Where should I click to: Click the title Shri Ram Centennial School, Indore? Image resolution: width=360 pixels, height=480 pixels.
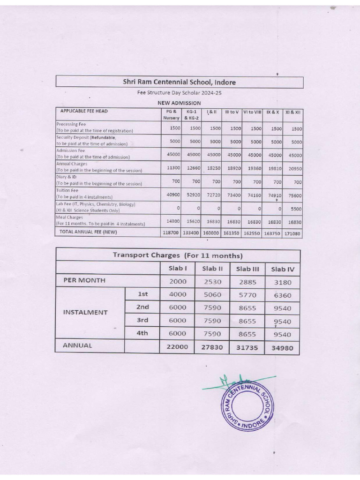179,82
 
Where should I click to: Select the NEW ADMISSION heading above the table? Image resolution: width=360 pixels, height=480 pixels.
179,103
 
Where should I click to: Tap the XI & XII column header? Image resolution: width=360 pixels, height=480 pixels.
293,112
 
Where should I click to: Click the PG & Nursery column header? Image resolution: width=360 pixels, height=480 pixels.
171,115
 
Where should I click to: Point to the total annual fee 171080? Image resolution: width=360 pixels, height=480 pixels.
293,233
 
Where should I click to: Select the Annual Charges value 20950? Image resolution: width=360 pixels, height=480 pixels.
294,168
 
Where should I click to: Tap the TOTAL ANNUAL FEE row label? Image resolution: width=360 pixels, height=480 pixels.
88,232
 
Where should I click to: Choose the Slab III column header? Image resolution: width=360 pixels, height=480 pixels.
247,269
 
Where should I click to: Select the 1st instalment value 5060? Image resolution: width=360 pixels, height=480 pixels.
212,295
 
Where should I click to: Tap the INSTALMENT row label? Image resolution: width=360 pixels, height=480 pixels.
85,312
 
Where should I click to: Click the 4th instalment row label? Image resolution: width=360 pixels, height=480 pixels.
142,333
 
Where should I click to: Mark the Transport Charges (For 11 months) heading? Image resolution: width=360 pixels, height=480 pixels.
178,255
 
